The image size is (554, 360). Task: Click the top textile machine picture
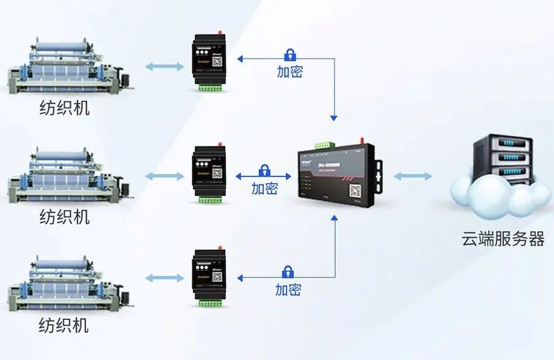coord(68,67)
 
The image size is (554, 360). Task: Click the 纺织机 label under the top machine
coord(64,109)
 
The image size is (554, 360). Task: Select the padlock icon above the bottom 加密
coord(288,271)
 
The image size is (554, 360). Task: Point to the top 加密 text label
coord(289,71)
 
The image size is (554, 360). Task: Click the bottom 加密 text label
coord(288,289)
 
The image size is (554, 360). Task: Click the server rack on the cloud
coord(501,162)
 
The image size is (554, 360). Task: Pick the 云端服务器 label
coord(503,240)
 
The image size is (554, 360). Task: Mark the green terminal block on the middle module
coord(208,200)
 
